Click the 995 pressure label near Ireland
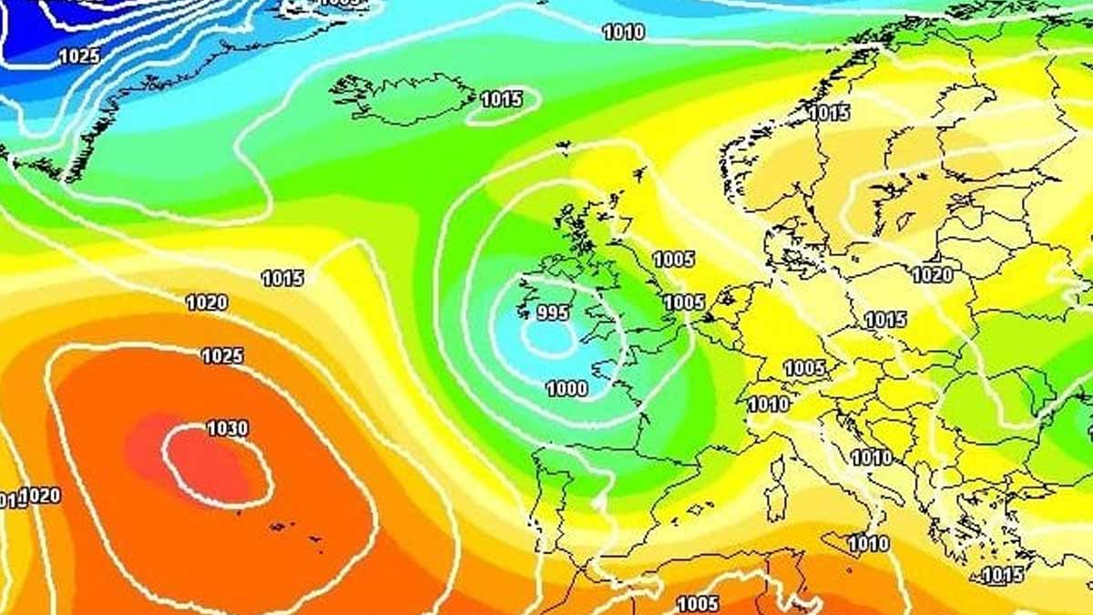tap(552, 313)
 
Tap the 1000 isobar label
tap(566, 389)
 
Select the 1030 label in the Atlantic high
tap(227, 427)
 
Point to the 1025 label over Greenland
tap(79, 56)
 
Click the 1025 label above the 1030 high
tap(222, 355)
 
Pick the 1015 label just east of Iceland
tap(501, 99)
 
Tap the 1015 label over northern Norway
tap(829, 113)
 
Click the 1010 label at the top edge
tap(624, 33)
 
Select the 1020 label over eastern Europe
tap(932, 274)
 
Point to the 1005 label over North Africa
tap(699, 603)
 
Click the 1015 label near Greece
tap(1003, 575)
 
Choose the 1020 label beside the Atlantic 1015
tap(207, 302)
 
